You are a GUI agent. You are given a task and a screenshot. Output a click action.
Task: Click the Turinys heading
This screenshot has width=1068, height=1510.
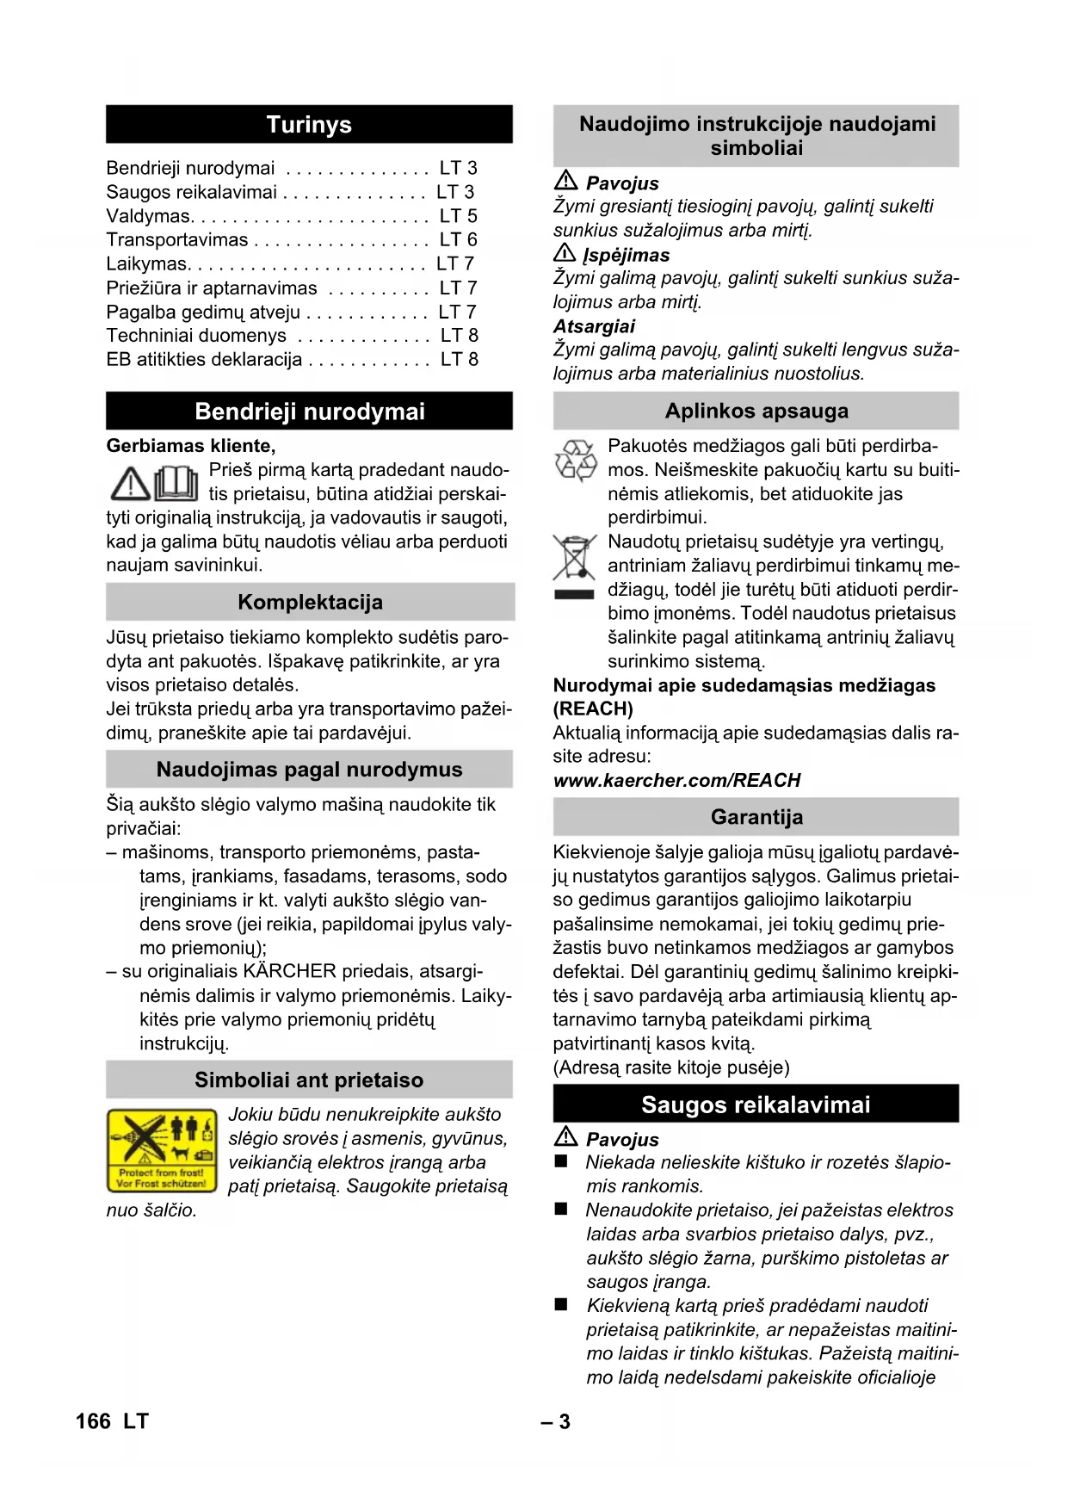[309, 125]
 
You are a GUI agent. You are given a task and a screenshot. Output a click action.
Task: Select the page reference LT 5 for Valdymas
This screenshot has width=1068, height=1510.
[458, 216]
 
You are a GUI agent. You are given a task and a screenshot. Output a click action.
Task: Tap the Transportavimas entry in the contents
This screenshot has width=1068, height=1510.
[177, 240]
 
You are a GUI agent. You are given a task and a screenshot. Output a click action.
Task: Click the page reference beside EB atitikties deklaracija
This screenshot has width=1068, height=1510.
[459, 360]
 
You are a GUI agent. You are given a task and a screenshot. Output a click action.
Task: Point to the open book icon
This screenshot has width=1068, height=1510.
[176, 483]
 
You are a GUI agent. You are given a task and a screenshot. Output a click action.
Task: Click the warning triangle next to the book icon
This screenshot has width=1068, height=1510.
[130, 485]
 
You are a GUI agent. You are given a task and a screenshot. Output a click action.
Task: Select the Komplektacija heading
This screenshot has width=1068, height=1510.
[310, 603]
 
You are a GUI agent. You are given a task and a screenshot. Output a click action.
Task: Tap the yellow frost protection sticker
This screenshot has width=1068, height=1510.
[162, 1150]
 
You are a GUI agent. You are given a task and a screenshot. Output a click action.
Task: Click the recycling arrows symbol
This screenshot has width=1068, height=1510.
[575, 460]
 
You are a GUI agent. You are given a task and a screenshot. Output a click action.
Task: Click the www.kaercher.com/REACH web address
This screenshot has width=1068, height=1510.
[676, 781]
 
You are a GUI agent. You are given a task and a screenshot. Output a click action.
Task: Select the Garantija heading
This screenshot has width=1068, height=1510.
[756, 817]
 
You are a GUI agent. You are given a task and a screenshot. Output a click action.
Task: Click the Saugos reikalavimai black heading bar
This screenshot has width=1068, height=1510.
[756, 1105]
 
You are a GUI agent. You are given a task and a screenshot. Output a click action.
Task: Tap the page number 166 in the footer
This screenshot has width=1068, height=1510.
[93, 1421]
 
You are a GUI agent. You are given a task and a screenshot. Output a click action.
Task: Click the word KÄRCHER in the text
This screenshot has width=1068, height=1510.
[289, 972]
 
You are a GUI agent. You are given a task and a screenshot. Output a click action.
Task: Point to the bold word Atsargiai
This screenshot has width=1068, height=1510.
[594, 327]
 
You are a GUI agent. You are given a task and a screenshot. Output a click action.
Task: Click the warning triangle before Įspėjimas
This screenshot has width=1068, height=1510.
[565, 254]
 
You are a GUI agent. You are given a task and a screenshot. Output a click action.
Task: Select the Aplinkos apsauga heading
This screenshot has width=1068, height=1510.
[756, 412]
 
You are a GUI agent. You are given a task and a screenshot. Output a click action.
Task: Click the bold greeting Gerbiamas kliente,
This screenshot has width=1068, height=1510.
[191, 446]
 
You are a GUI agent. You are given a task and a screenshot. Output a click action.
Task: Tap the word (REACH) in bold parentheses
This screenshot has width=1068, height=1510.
[593, 709]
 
